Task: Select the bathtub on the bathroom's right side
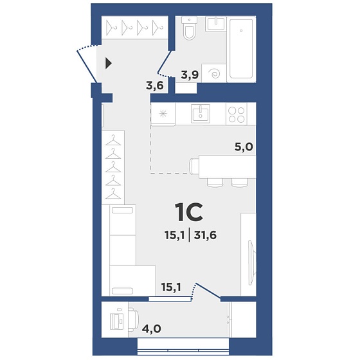tap(241, 49)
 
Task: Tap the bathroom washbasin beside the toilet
tap(216, 23)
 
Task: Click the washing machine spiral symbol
tap(215, 74)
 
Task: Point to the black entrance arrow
tap(109, 63)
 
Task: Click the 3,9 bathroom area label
tap(190, 75)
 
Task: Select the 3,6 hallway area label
tap(155, 86)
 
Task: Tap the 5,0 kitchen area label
tap(244, 147)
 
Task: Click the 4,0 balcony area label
tap(152, 328)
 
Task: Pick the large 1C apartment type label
tap(189, 213)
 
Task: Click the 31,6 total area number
tap(205, 235)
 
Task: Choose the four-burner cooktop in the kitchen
tap(237, 114)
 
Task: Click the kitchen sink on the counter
tap(201, 113)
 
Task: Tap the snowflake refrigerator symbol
tap(163, 113)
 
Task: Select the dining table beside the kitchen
tap(228, 166)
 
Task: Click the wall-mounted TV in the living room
tap(251, 263)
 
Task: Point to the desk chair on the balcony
tap(134, 320)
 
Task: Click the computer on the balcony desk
tap(117, 321)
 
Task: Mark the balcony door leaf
tap(208, 291)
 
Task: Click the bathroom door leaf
tap(165, 62)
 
